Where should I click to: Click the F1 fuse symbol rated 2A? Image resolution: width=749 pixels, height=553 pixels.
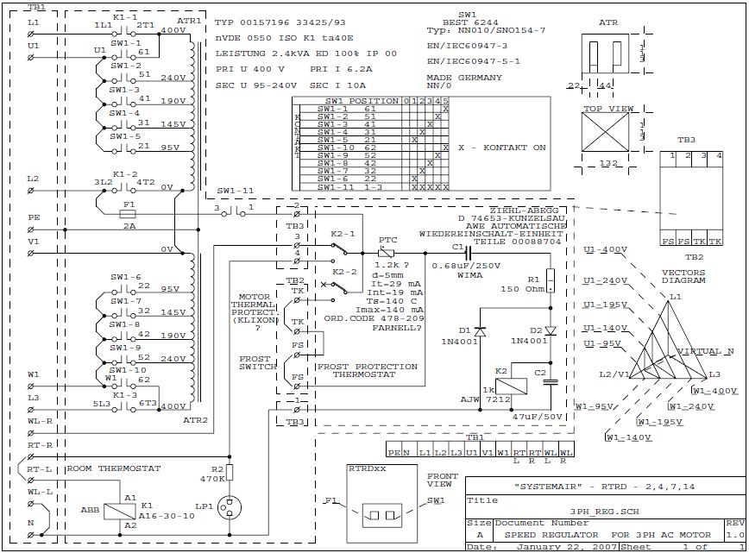click(x=130, y=212)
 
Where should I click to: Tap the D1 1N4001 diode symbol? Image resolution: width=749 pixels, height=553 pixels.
click(x=481, y=330)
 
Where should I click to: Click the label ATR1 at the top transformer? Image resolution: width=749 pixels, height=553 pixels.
click(x=191, y=20)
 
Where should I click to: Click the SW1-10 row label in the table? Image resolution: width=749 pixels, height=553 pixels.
click(x=334, y=148)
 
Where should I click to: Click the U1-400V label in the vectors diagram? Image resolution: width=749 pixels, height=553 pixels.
click(x=606, y=249)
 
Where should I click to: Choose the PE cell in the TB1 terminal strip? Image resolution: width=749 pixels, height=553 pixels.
click(x=393, y=452)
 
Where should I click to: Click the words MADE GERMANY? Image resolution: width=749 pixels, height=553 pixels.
click(x=463, y=77)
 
